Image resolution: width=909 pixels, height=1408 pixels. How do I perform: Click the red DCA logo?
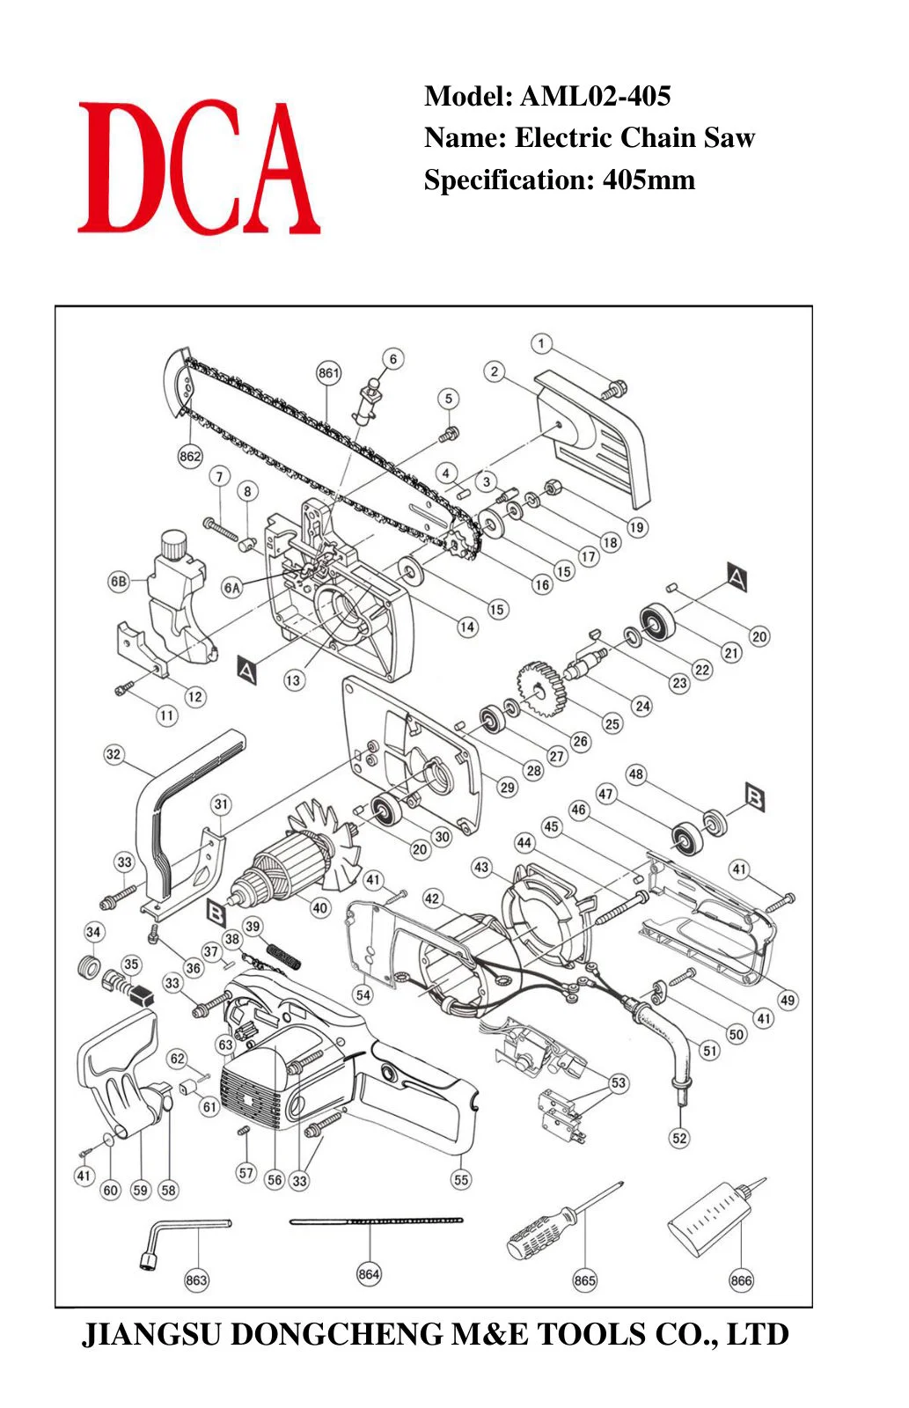(199, 168)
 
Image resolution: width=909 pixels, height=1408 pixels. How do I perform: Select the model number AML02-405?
(596, 96)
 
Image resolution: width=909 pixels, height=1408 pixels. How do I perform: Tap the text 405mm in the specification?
(649, 180)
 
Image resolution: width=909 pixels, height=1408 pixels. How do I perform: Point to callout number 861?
(328, 373)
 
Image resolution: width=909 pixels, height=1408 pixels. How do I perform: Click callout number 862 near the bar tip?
(190, 457)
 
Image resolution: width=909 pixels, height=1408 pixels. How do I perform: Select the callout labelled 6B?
(119, 582)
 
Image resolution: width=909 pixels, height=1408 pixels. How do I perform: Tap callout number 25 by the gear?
(612, 723)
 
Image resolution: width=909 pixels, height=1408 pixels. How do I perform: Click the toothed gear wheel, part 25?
(541, 690)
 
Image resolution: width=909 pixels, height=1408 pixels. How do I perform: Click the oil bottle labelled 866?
(716, 1218)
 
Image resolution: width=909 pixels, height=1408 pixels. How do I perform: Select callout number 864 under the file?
(369, 1274)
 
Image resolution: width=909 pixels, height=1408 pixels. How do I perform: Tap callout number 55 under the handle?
(461, 1180)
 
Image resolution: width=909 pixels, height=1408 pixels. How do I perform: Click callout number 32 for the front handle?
(114, 754)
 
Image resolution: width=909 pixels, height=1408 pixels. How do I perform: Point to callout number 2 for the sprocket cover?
(495, 371)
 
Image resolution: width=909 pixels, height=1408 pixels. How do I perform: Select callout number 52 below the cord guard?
(679, 1138)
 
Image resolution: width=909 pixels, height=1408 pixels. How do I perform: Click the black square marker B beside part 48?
(754, 797)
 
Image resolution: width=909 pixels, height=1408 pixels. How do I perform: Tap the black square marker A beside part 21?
(737, 577)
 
